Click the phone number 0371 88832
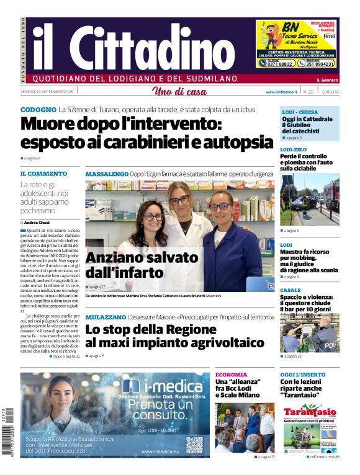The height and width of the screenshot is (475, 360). (x=276, y=63)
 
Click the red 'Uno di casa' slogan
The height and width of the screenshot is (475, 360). (x=179, y=92)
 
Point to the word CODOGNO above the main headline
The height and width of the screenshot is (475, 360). (x=38, y=110)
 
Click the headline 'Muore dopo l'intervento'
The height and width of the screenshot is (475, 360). (x=121, y=124)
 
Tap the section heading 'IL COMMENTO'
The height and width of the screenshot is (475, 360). (x=43, y=174)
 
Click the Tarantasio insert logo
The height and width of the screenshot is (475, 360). (x=310, y=412)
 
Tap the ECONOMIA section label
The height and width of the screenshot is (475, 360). (x=231, y=375)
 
